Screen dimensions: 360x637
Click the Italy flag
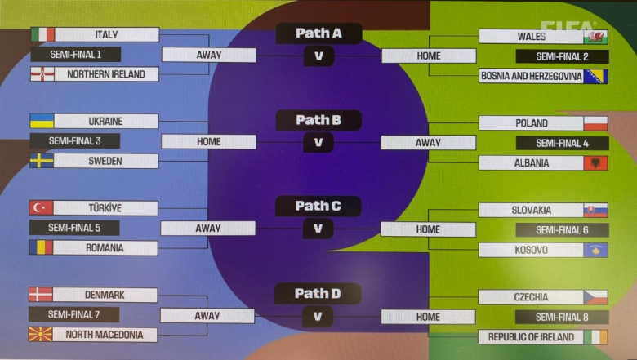point(42,34)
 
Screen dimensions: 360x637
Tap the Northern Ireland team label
point(106,74)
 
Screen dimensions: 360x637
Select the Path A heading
point(318,33)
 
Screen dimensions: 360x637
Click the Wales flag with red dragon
point(595,37)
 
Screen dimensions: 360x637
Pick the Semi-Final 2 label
point(562,57)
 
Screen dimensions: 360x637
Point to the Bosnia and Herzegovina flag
point(595,77)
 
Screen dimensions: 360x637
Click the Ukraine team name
point(106,121)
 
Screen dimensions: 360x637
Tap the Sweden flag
point(42,161)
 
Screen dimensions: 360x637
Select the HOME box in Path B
point(209,141)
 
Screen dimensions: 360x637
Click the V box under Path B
point(318,142)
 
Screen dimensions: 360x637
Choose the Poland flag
point(595,123)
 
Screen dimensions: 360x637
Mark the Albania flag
point(595,163)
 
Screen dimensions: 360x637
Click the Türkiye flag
point(41,208)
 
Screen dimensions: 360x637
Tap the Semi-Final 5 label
point(74,228)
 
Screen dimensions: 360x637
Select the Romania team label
point(106,247)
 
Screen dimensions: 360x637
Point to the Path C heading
point(318,206)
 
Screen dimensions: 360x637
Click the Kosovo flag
point(595,250)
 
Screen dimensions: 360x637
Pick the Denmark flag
point(41,295)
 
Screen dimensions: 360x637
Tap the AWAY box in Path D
point(207,316)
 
